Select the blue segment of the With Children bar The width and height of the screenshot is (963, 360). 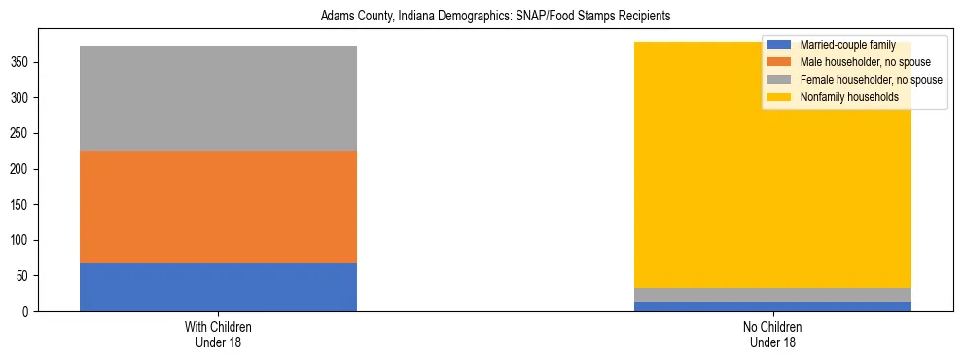[218, 287]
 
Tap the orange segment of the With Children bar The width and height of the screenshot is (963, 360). [218, 206]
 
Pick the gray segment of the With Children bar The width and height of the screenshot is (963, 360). [218, 98]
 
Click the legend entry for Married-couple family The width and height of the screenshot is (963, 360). [847, 45]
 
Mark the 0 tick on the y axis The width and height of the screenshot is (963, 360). [27, 311]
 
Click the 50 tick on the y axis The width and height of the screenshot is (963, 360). [24, 276]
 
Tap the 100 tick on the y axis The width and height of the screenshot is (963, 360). [21, 240]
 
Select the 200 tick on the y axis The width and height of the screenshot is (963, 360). [21, 169]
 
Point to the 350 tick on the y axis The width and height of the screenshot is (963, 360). [21, 62]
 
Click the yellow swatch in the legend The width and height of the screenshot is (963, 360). [779, 97]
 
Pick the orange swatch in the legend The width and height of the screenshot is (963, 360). [779, 62]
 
